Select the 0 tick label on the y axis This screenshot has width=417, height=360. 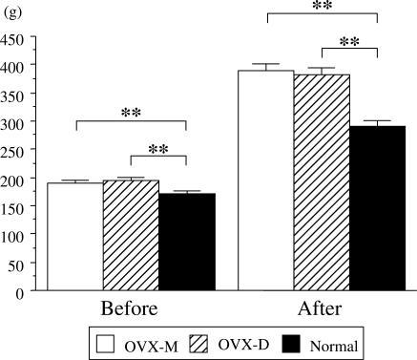coord(19,293)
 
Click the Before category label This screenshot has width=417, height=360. coord(130,310)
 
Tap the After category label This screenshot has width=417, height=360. coord(322,310)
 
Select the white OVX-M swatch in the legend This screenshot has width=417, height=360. coord(106,343)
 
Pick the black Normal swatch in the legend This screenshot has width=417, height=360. coord(299,343)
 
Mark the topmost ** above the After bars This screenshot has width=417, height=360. coord(322,7)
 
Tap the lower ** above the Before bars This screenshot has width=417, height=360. coord(158,149)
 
